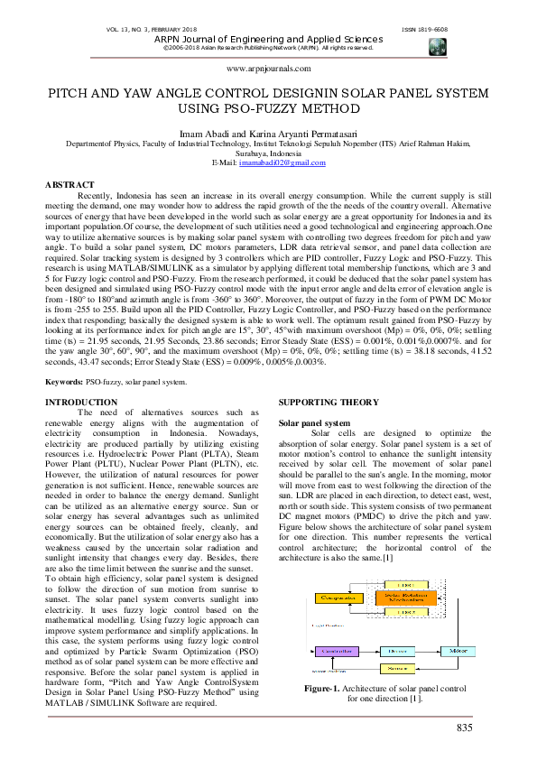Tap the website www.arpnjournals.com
268,68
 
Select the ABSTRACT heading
70,184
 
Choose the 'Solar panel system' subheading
310,422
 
